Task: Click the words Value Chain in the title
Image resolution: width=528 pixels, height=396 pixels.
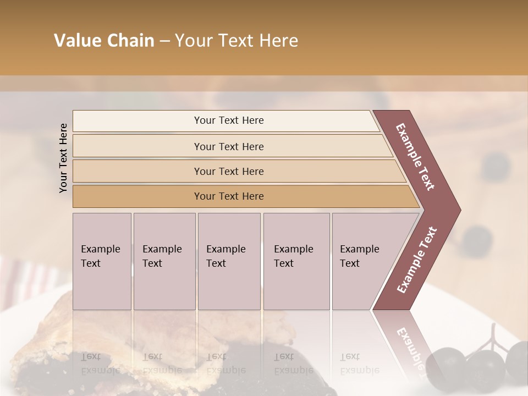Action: point(104,41)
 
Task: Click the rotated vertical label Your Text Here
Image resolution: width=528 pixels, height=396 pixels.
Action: point(63,158)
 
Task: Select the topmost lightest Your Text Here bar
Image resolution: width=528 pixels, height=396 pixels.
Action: point(229,120)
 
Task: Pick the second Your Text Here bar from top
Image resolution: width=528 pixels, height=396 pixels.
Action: point(229,146)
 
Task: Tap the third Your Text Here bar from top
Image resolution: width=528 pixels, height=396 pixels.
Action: point(229,171)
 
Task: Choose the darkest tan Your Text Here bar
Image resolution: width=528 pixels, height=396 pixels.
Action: point(229,196)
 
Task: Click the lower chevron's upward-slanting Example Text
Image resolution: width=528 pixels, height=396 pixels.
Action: point(417,260)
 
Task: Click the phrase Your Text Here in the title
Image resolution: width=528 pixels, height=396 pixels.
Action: point(237,41)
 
